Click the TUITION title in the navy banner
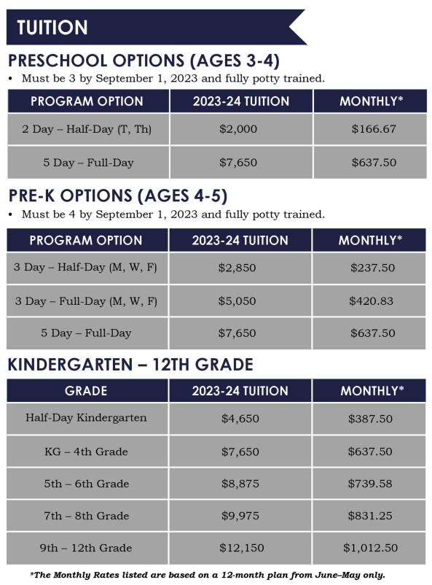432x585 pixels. tap(52, 28)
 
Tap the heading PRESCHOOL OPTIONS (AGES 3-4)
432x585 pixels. tap(144, 61)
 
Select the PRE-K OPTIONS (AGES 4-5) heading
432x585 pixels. tap(118, 196)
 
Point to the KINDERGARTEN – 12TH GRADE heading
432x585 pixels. tap(130, 365)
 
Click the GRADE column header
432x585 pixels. tap(87, 391)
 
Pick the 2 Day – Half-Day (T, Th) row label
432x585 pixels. tap(87, 129)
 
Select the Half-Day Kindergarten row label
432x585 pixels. tap(86, 418)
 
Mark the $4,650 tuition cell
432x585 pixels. tap(240, 419)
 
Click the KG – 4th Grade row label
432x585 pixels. tap(86, 452)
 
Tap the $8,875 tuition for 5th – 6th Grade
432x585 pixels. tap(240, 484)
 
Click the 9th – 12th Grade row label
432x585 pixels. tap(86, 548)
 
